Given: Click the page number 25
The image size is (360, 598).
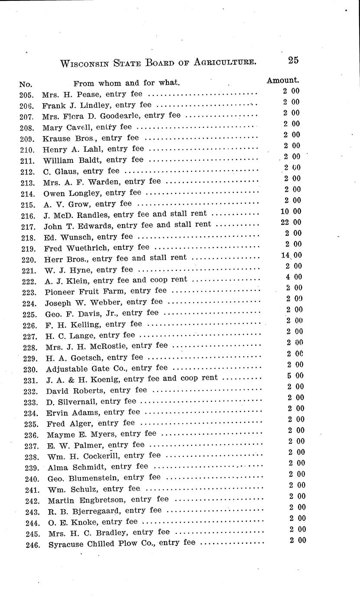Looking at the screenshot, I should click(x=293, y=60).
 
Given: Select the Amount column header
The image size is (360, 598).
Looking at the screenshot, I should click(x=282, y=80).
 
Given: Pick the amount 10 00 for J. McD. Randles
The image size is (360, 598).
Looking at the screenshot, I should click(x=291, y=212).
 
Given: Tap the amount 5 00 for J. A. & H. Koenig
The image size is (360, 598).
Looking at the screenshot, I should click(x=296, y=376).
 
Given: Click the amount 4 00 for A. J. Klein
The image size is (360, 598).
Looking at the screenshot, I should click(x=293, y=277).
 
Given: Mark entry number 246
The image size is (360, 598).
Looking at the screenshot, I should click(x=33, y=544).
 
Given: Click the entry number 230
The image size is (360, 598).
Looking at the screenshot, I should click(x=32, y=369).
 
